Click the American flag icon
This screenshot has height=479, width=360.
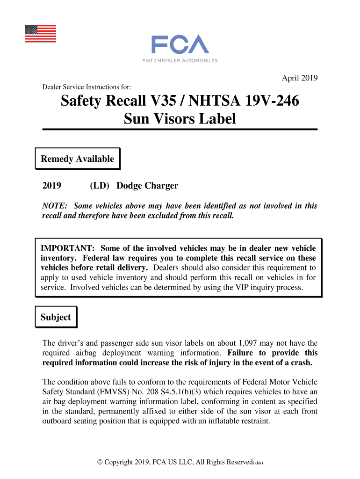point(40,33)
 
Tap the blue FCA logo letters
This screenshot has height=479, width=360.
point(180,44)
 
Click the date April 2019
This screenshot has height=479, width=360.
point(300,78)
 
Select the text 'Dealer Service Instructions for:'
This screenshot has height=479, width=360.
point(86,87)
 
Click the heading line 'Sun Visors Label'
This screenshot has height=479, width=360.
point(180,119)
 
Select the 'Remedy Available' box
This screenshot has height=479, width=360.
point(78,159)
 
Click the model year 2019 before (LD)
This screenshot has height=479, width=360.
point(52,186)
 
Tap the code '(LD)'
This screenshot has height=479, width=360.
point(100,186)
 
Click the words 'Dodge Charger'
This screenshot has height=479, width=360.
point(147,186)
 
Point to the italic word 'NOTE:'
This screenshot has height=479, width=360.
point(55,206)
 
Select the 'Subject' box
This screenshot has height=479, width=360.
point(56,317)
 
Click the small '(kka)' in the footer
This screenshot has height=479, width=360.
point(258,463)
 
